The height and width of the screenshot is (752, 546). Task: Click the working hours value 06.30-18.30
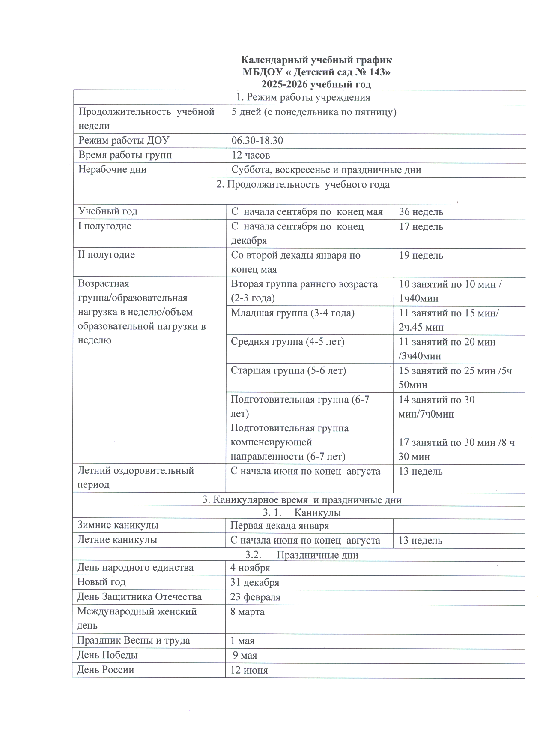pyautogui.click(x=257, y=141)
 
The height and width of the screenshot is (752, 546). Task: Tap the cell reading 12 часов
pyautogui.click(x=251, y=155)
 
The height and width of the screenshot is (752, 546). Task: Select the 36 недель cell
pyautogui.click(x=421, y=212)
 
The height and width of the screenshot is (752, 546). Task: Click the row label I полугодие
pyautogui.click(x=104, y=226)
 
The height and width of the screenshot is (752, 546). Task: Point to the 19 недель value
pyautogui.click(x=421, y=256)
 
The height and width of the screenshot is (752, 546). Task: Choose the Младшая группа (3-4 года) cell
pyautogui.click(x=292, y=313)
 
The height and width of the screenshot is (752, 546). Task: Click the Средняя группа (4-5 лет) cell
pyautogui.click(x=287, y=342)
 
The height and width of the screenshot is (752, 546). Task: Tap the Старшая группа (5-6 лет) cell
pyautogui.click(x=288, y=370)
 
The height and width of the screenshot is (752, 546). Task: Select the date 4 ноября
pyautogui.click(x=250, y=568)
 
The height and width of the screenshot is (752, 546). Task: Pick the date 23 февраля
pyautogui.click(x=255, y=597)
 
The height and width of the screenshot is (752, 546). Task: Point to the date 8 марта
pyautogui.click(x=247, y=612)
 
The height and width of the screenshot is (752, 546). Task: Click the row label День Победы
pyautogui.click(x=107, y=655)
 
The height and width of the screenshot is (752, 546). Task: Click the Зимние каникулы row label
pyautogui.click(x=117, y=525)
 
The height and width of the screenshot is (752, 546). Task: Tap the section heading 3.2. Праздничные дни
pyautogui.click(x=301, y=555)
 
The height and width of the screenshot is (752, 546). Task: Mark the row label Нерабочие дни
pyautogui.click(x=112, y=169)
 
